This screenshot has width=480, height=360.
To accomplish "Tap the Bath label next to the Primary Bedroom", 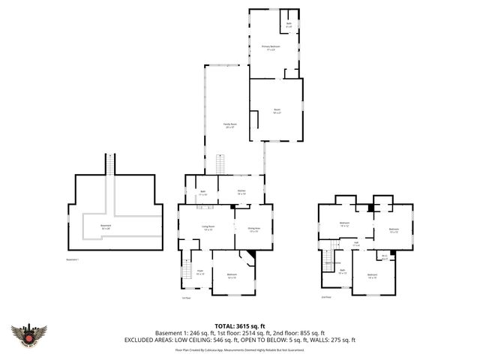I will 289,24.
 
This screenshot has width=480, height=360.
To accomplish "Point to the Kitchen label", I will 242,192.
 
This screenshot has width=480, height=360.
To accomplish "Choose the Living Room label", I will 208,227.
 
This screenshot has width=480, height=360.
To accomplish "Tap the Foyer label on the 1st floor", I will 199,271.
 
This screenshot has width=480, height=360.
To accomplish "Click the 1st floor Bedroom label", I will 232,276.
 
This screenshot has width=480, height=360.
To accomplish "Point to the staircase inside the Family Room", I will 221,164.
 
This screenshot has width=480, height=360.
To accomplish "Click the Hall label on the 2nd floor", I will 356,242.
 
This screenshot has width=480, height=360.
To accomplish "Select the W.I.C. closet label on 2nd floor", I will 384,257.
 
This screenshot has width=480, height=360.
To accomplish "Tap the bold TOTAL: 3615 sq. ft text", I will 239,325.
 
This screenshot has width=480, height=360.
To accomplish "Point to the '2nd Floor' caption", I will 326,297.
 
